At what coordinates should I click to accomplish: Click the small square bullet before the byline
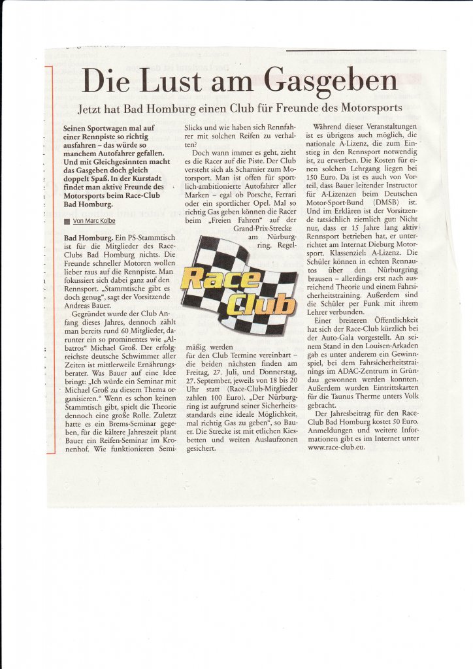point(67,221)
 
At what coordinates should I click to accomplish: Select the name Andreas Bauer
point(91,305)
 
